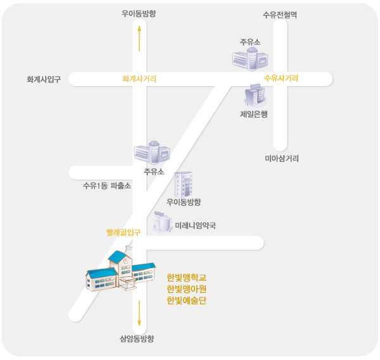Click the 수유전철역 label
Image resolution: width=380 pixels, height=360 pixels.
coord(279,15)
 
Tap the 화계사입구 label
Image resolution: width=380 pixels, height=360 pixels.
coord(44,80)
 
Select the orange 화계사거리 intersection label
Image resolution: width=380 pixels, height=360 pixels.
coord(139,79)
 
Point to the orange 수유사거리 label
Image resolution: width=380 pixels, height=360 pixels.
coord(281,78)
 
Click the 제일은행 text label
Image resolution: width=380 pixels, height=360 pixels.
coord(254,115)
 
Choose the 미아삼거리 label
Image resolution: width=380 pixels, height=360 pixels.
coord(281,158)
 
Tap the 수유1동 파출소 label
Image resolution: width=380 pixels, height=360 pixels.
coord(107,186)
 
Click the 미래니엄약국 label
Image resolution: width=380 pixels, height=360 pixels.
coord(195,225)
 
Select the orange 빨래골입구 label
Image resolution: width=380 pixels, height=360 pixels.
coord(123,233)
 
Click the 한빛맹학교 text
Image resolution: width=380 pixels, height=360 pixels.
coord(187,277)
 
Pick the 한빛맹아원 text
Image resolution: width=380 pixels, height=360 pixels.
coord(187,289)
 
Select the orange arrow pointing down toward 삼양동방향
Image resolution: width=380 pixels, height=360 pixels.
coord(139,314)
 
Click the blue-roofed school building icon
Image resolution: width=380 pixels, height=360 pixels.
coord(120,272)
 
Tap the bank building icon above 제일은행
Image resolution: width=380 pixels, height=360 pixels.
coord(255,96)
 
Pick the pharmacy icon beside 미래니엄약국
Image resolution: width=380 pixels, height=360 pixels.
coord(163,221)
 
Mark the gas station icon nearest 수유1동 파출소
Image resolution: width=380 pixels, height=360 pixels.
coord(151,152)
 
